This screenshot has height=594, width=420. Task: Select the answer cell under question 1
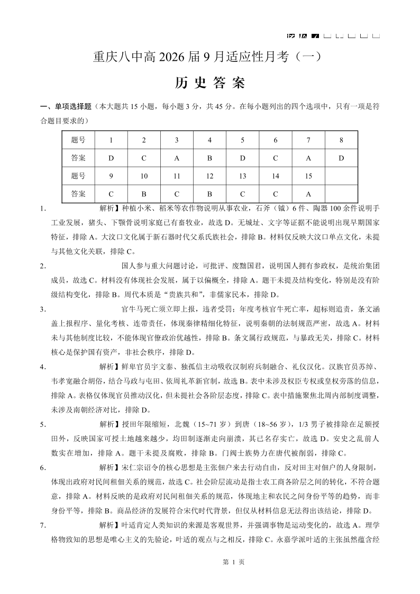pyautogui.click(x=111, y=158)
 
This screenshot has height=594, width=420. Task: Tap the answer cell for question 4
pyautogui.click(x=209, y=158)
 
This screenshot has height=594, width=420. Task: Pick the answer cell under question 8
pyautogui.click(x=341, y=158)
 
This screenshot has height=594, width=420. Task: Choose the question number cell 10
pyautogui.click(x=144, y=176)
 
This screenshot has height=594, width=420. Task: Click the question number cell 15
pyautogui.click(x=308, y=176)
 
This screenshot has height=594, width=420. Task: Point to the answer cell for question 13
pyautogui.click(x=242, y=194)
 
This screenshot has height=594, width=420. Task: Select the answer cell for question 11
pyautogui.click(x=177, y=194)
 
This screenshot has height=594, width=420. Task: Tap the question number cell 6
pyautogui.click(x=276, y=140)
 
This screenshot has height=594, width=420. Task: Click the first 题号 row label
pyautogui.click(x=78, y=140)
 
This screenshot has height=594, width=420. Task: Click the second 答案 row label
pyautogui.click(x=78, y=194)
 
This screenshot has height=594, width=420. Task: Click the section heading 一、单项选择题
pyautogui.click(x=66, y=106)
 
